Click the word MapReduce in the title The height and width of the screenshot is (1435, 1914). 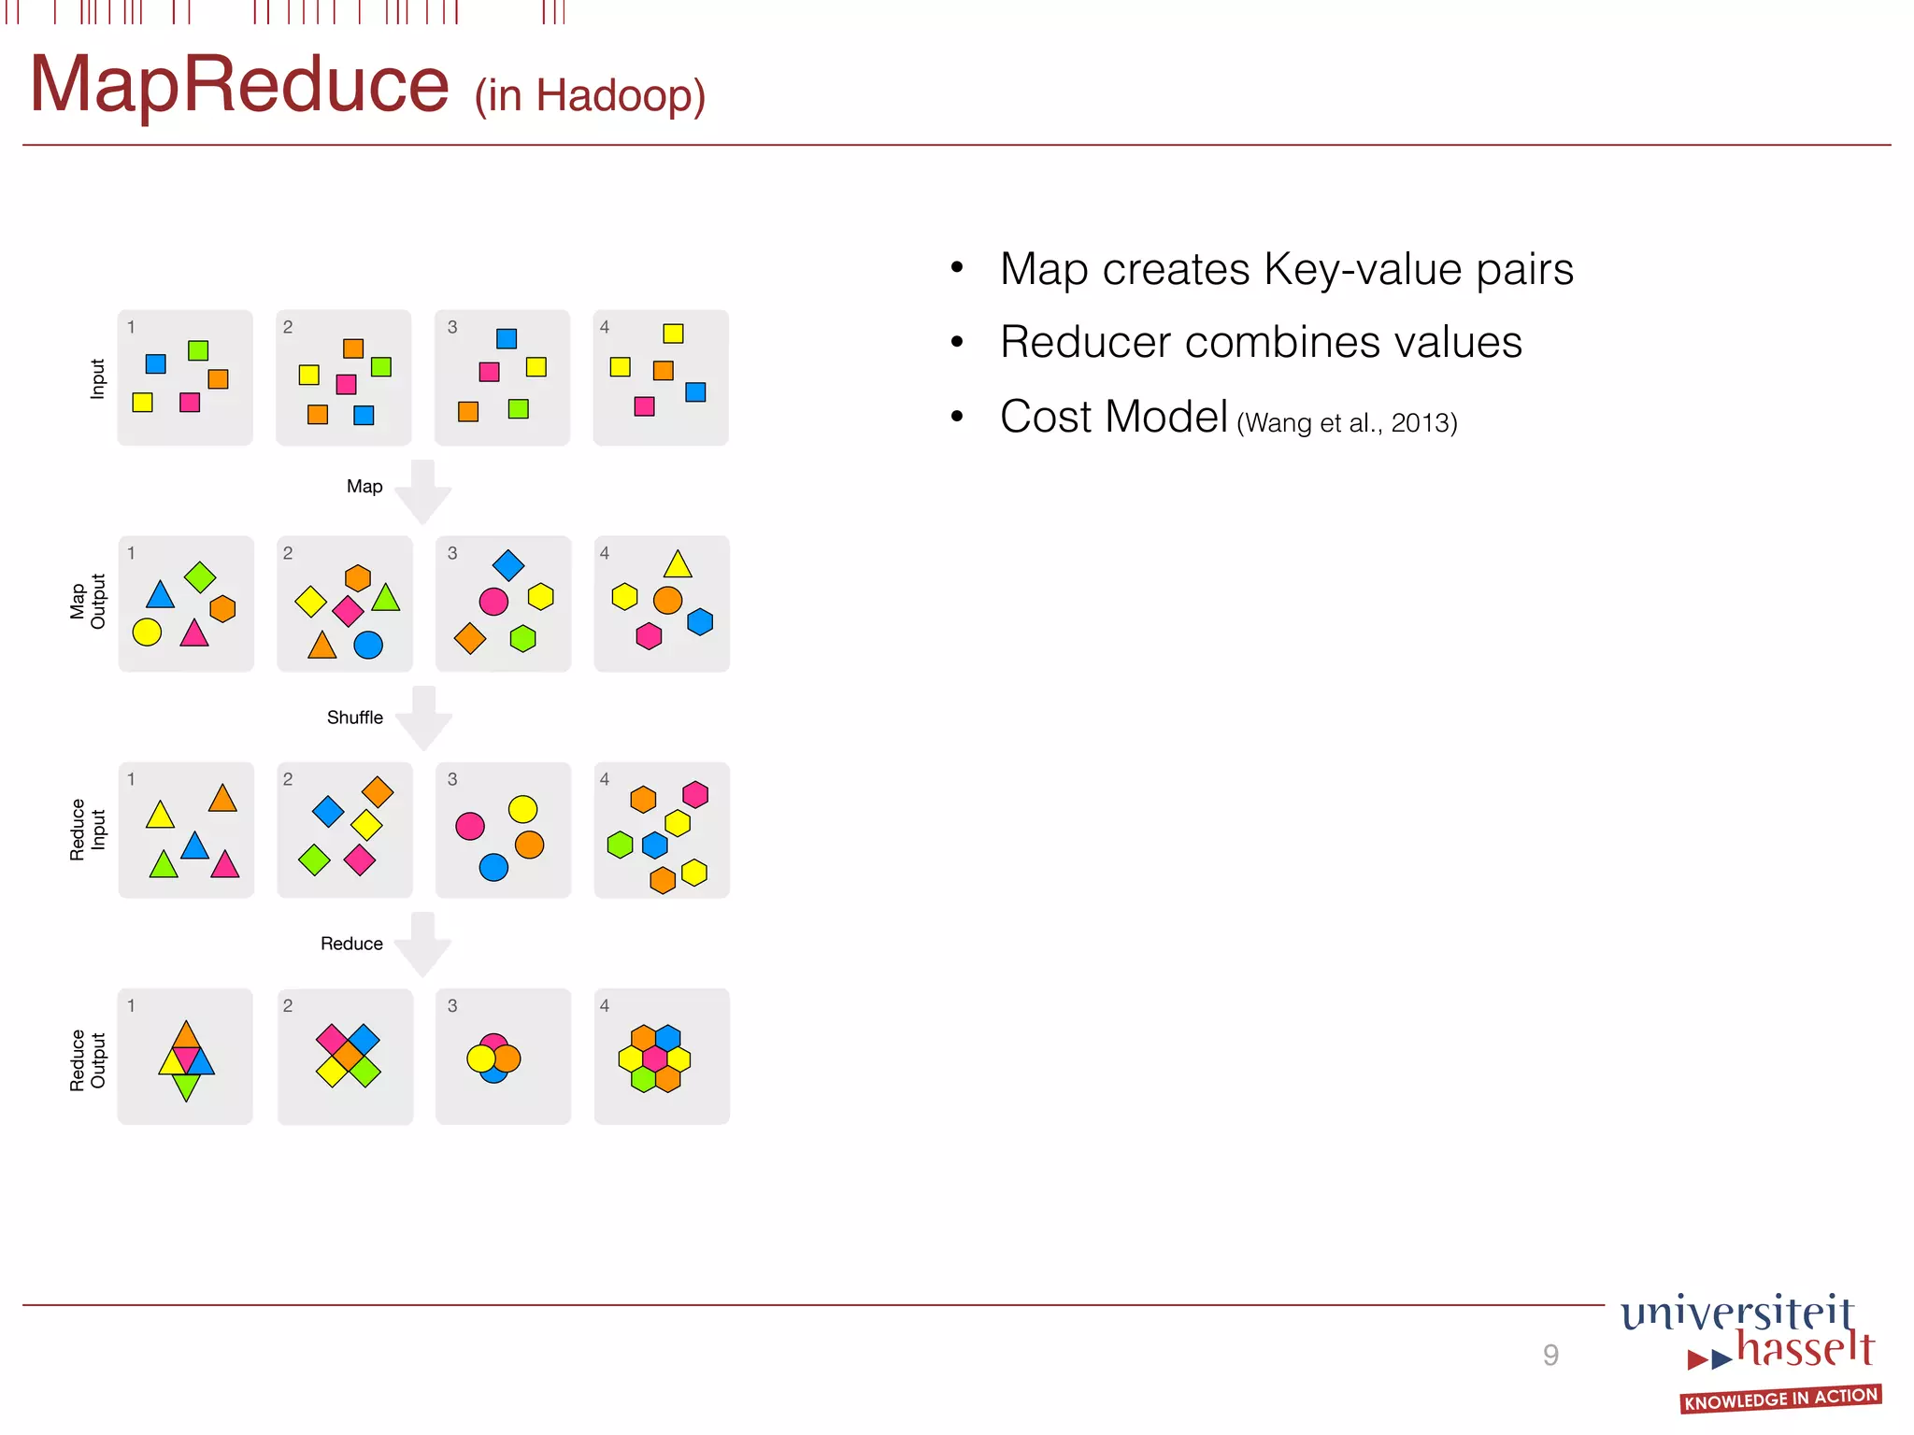pos(239,85)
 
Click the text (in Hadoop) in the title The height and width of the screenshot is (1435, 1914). pos(590,95)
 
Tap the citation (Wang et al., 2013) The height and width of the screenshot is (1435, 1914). pos(1346,423)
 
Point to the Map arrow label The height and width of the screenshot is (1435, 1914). pos(364,487)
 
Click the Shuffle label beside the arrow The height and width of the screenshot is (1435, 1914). pos(354,717)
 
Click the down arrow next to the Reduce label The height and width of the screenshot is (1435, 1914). pos(423,945)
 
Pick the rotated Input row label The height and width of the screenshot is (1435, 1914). pos(97,378)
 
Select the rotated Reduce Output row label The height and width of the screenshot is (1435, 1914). pos(88,1059)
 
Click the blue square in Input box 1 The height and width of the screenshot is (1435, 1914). pos(156,363)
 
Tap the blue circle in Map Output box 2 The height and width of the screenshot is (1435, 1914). pos(368,645)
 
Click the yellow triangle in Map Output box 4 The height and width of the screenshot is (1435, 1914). pos(678,565)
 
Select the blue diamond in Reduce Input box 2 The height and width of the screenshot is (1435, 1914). pos(328,811)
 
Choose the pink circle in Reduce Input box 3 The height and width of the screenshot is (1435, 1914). pos(470,826)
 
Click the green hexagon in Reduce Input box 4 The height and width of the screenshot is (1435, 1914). pos(620,845)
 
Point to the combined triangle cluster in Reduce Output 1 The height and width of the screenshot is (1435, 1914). pos(187,1059)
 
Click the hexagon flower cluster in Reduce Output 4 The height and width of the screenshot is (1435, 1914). pos(654,1058)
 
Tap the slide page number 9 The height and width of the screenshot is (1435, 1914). pos(1550,1355)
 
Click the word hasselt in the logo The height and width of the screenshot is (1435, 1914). pos(1805,1349)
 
